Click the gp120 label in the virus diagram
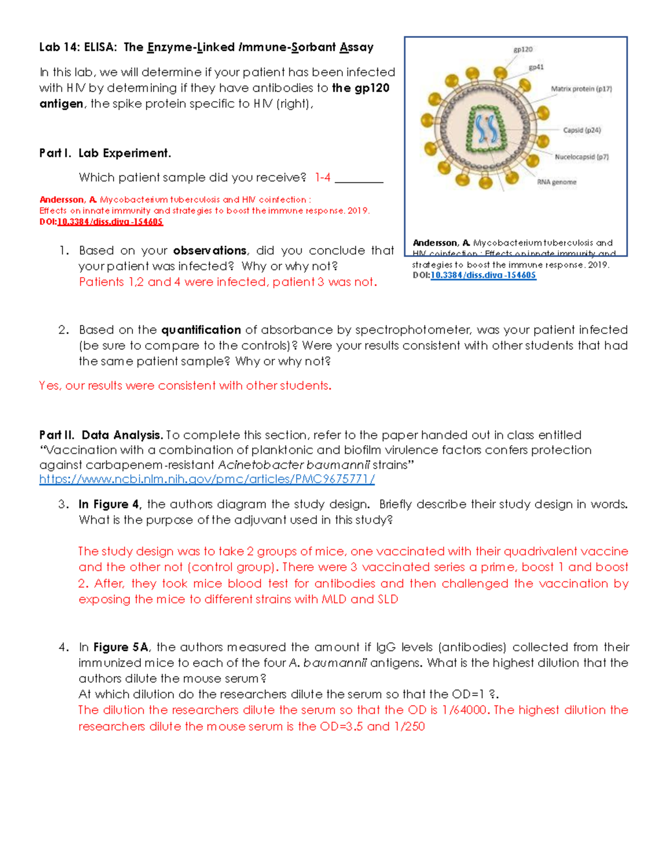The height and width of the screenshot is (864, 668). click(x=523, y=50)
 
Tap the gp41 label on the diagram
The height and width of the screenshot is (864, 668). click(x=536, y=67)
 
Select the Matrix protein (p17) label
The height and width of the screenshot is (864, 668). click(x=581, y=88)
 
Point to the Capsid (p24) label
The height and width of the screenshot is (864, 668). click(x=582, y=130)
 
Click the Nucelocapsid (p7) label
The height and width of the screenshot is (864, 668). click(x=581, y=157)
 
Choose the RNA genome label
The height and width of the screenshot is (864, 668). click(x=556, y=182)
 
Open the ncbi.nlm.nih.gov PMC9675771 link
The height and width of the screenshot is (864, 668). click(x=207, y=479)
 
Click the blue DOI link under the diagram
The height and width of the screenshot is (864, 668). click(x=483, y=275)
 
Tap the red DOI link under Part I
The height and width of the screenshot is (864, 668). click(x=110, y=222)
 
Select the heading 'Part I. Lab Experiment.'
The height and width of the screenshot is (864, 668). click(x=105, y=153)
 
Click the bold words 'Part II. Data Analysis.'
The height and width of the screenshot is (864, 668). click(x=101, y=435)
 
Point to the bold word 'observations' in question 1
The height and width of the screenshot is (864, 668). click(x=209, y=250)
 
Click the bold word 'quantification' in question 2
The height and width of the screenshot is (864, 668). click(x=201, y=330)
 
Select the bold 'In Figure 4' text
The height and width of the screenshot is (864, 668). click(x=110, y=504)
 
